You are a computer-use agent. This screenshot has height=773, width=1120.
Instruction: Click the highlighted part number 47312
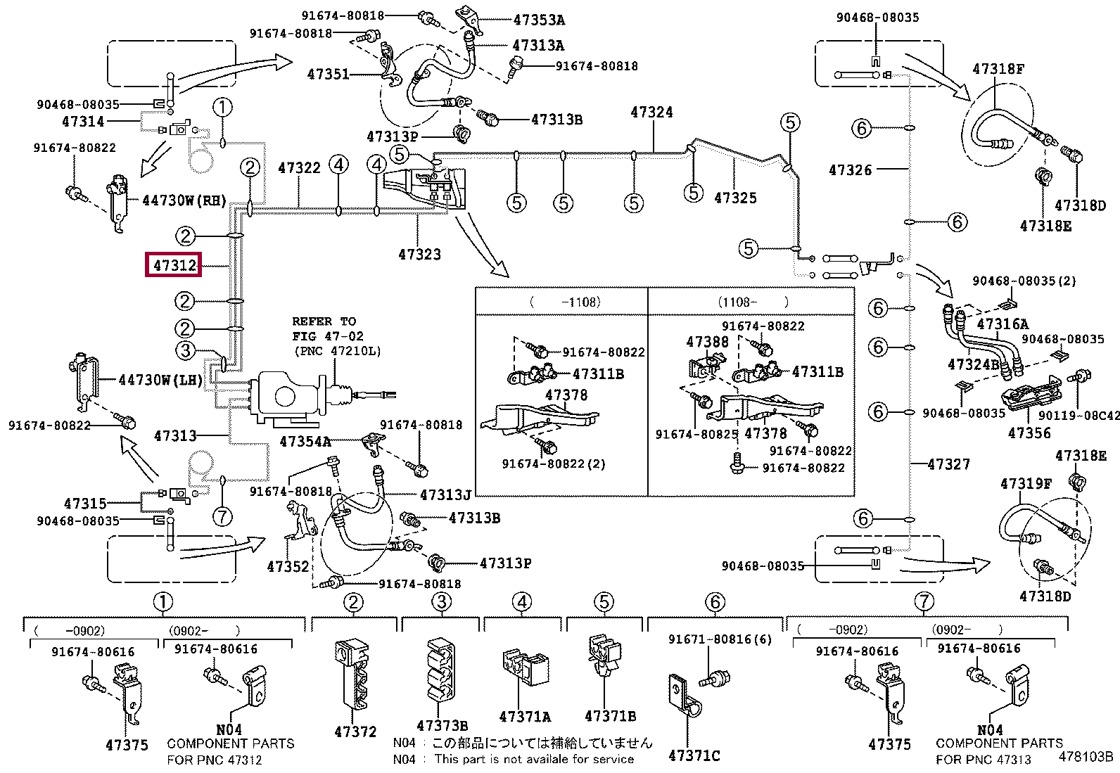tap(173, 265)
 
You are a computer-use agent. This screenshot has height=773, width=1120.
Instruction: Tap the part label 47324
tap(651, 112)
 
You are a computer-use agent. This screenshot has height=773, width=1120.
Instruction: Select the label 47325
tap(735, 198)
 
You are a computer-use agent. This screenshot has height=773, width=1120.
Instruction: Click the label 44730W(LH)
tap(160, 381)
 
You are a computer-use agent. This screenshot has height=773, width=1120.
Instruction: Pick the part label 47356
tap(1029, 433)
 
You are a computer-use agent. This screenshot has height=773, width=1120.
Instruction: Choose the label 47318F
tap(998, 69)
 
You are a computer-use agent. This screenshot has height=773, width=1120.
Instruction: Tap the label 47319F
tap(1026, 483)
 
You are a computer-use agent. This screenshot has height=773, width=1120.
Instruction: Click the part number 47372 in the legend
tap(355, 732)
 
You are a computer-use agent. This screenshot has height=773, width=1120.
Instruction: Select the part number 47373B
tap(442, 725)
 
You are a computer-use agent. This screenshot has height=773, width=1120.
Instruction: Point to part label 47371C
tap(694, 756)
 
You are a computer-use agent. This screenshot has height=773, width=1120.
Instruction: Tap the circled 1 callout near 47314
tap(222, 108)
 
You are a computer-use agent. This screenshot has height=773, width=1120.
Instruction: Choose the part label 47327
tap(948, 464)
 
